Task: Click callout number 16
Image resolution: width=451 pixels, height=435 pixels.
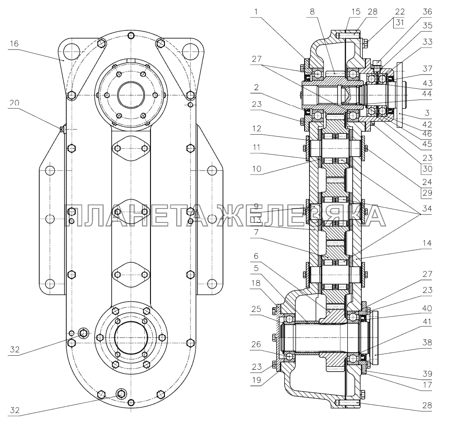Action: [14, 43]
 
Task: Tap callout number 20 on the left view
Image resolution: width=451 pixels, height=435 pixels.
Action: [14, 103]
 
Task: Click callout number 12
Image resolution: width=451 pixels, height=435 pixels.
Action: [256, 129]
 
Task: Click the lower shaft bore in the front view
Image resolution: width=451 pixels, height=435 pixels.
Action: [131, 336]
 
